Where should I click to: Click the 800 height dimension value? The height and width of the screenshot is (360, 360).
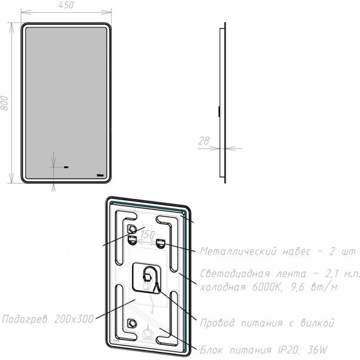coord(4,103)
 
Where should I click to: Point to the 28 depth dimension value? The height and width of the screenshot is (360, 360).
coord(203,141)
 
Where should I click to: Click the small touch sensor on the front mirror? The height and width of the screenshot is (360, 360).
coord(67,168)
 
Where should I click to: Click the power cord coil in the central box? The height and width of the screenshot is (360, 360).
coord(149,277)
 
